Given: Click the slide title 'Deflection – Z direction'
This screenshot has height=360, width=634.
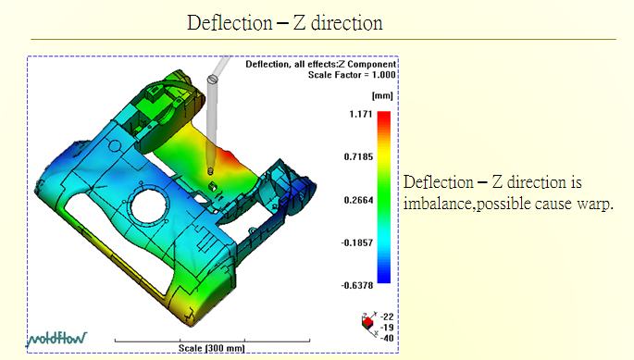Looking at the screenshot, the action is pyautogui.click(x=285, y=22).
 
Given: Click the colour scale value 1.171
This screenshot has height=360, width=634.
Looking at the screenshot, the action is pyautogui.click(x=361, y=114).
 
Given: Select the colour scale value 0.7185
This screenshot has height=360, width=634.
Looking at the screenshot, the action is pyautogui.click(x=358, y=157).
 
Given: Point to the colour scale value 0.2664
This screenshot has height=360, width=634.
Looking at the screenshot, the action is pyautogui.click(x=358, y=200).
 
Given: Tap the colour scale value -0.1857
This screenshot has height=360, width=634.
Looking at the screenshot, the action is pyautogui.click(x=357, y=242).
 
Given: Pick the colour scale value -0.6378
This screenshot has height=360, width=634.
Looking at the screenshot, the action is pyautogui.click(x=357, y=286).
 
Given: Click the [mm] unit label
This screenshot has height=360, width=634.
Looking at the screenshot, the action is pyautogui.click(x=382, y=96).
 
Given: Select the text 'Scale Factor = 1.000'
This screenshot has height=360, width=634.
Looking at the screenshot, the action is pyautogui.click(x=352, y=75).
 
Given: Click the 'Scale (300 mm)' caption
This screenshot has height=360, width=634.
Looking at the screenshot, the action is pyautogui.click(x=211, y=348).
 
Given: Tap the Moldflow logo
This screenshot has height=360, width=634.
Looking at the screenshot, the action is pyautogui.click(x=56, y=339).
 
